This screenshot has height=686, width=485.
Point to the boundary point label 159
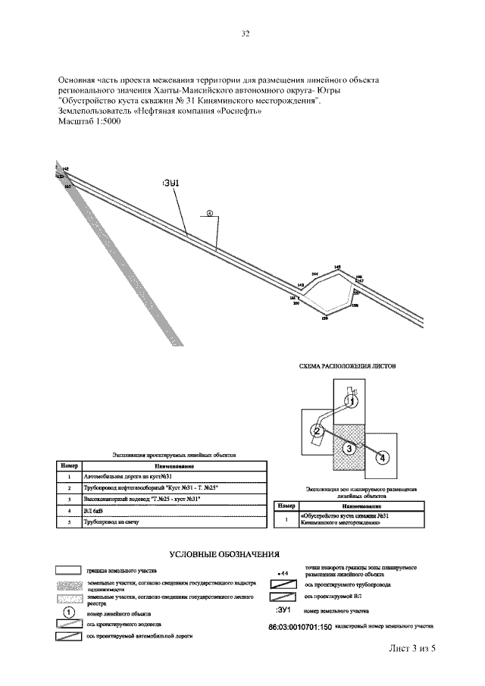point(324,319)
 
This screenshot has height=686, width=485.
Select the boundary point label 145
point(337,268)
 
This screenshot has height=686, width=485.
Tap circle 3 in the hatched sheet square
point(348,449)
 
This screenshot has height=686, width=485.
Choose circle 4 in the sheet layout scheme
point(382,457)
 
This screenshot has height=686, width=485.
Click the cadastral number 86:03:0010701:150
point(301,627)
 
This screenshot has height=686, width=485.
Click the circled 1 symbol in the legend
point(67,612)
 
